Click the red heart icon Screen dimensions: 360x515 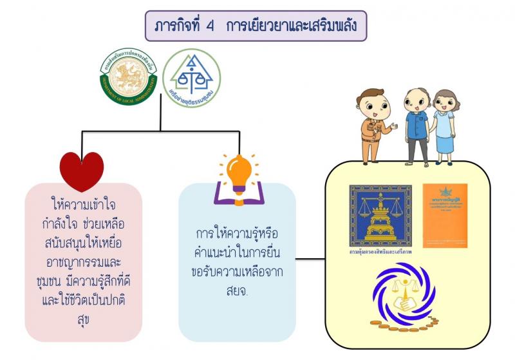[x=82, y=171]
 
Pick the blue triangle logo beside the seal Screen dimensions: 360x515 [x=191, y=78]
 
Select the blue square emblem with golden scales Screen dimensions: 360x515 [x=380, y=214]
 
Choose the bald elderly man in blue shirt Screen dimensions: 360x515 [x=417, y=126]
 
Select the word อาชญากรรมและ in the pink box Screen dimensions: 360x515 [x=82, y=263]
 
